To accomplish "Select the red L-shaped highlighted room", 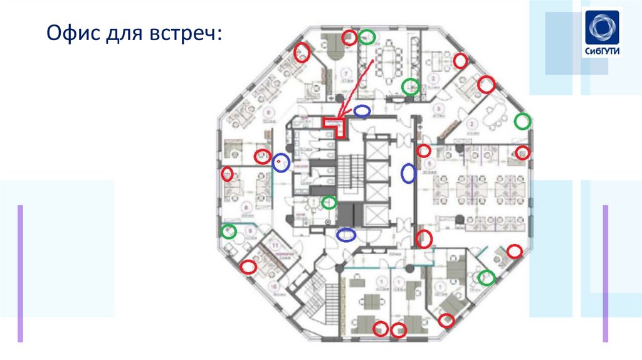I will point(334,125).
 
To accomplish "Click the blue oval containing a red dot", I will point(281,162).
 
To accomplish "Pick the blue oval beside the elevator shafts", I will point(408,172).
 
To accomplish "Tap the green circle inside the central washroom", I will point(329,203).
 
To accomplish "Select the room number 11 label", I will point(274,244).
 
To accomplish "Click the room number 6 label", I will point(269,112).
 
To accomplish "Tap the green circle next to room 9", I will point(229,231).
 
